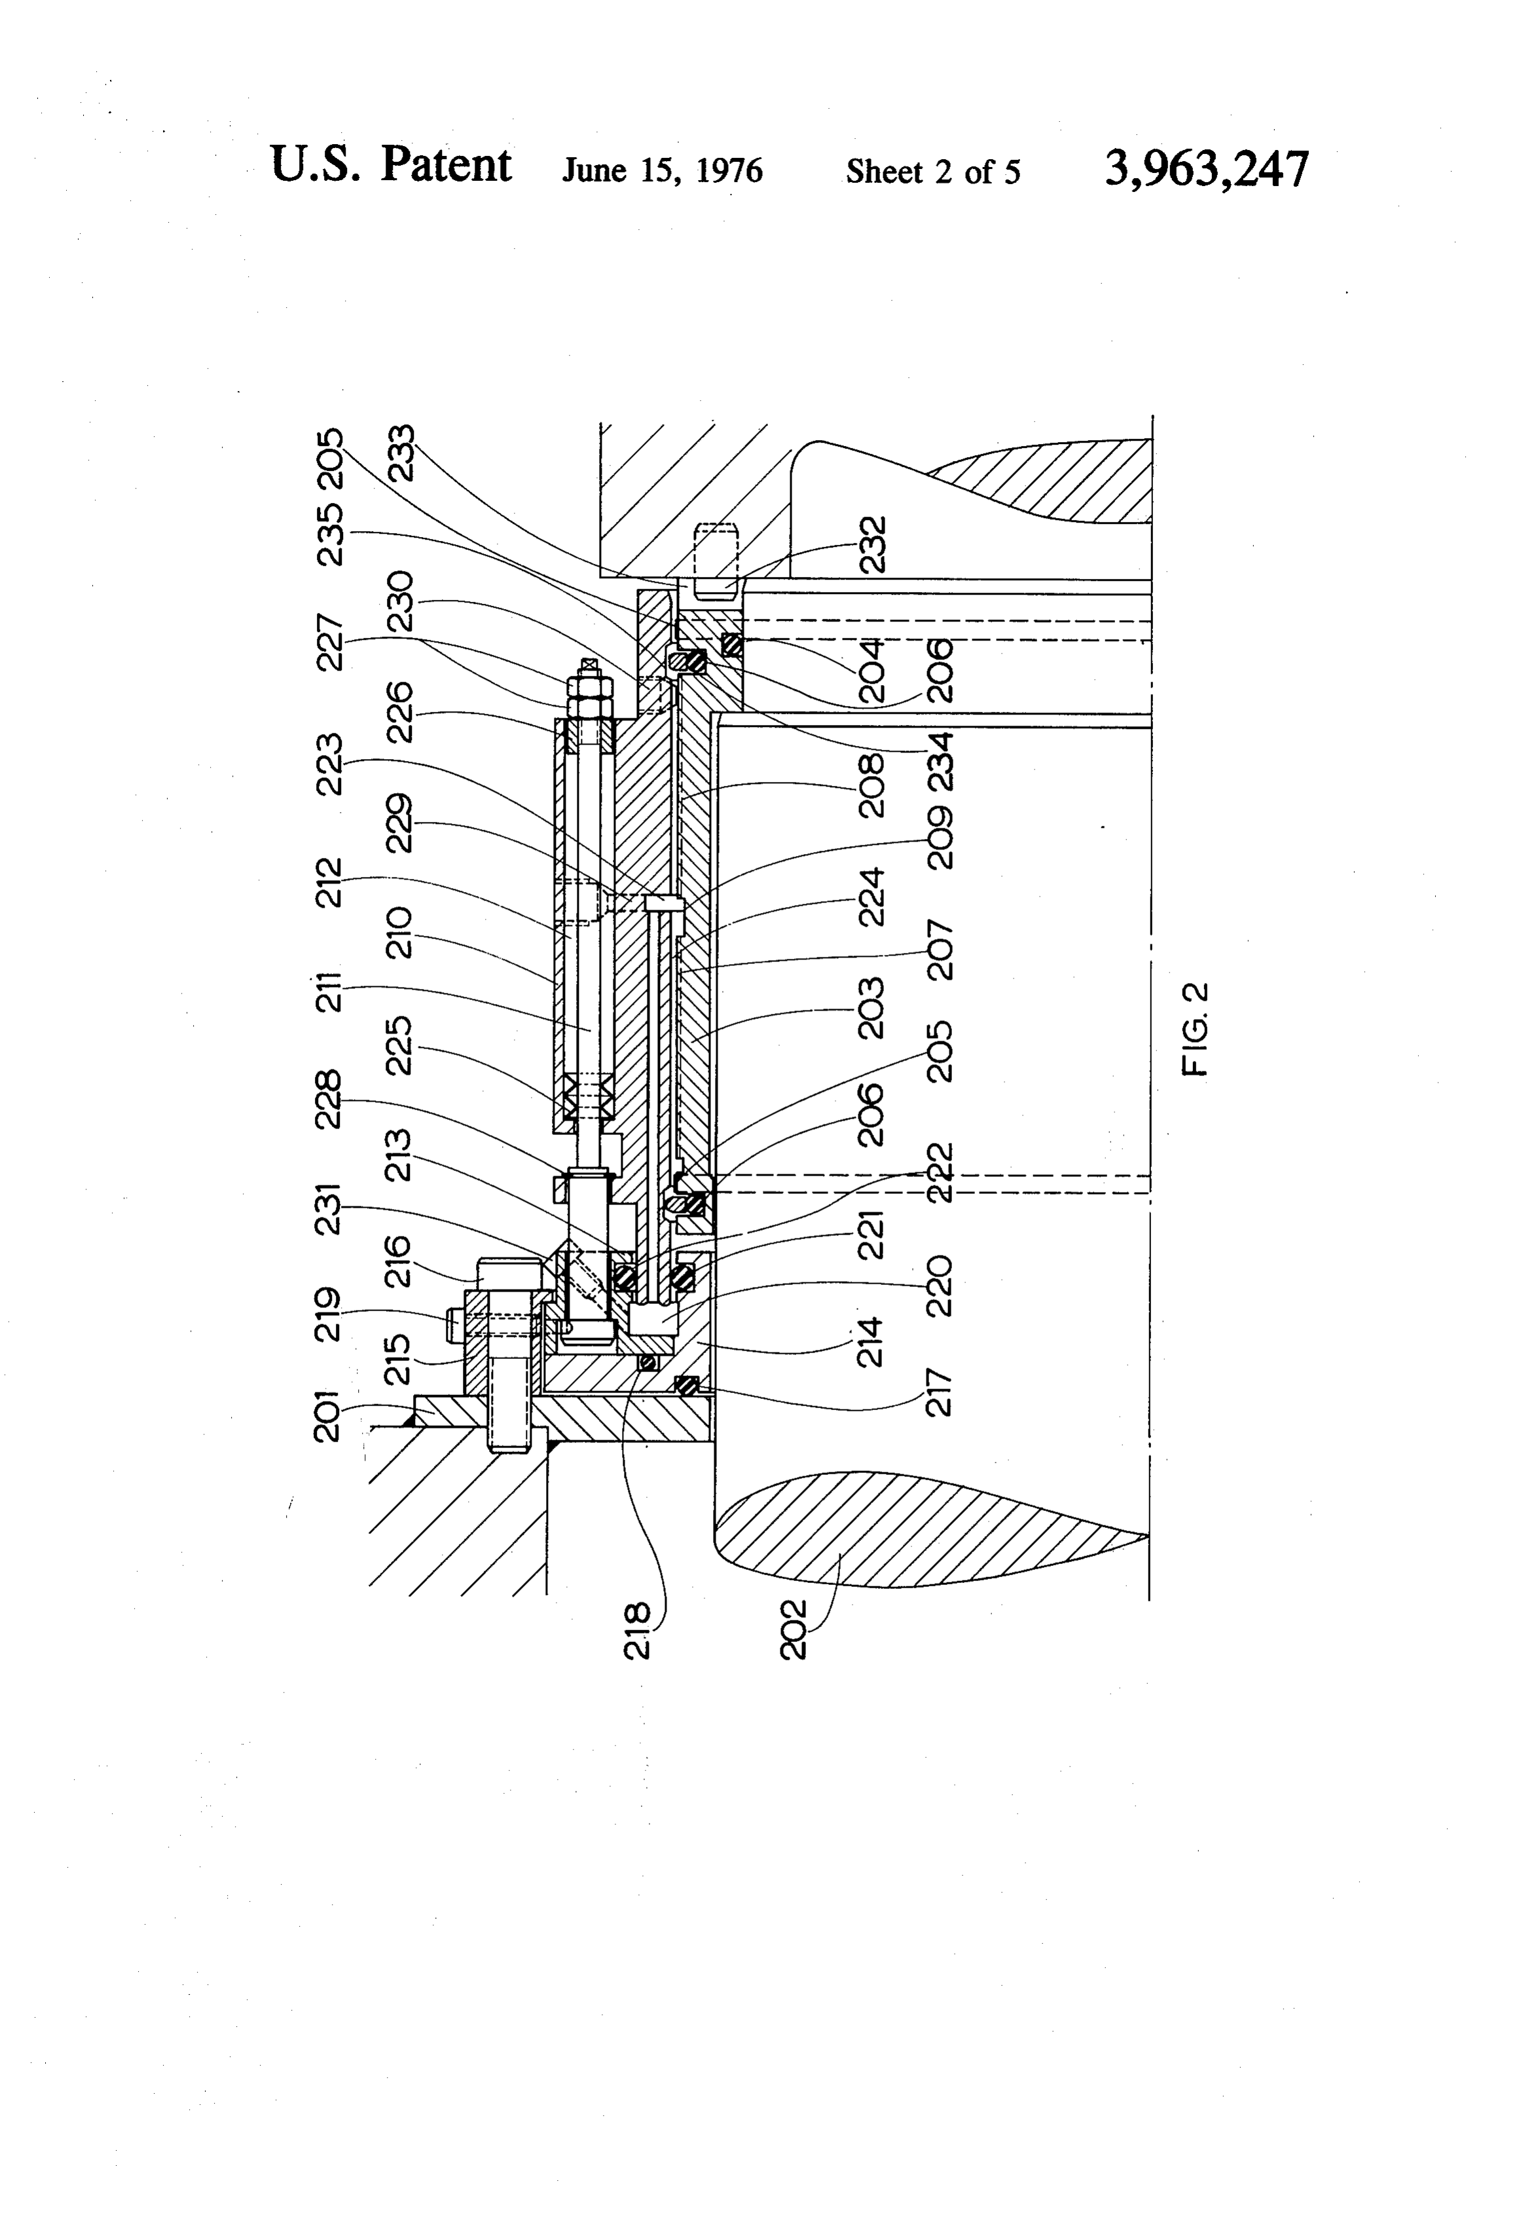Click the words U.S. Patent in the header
point(391,165)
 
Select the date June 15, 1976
point(663,171)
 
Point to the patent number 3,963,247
point(1207,169)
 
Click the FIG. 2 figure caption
point(1196,1029)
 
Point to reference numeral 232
point(872,546)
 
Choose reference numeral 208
point(872,786)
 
